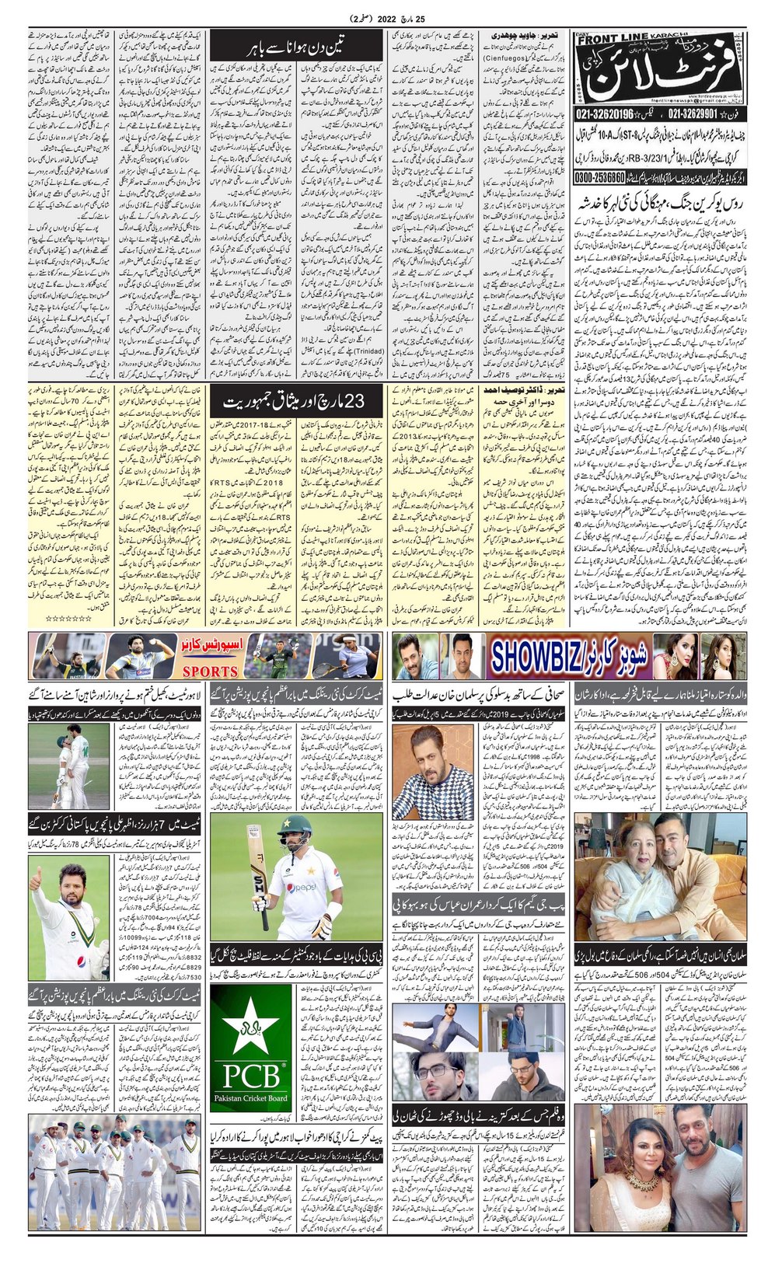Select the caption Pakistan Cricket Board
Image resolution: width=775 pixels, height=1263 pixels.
252,1098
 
